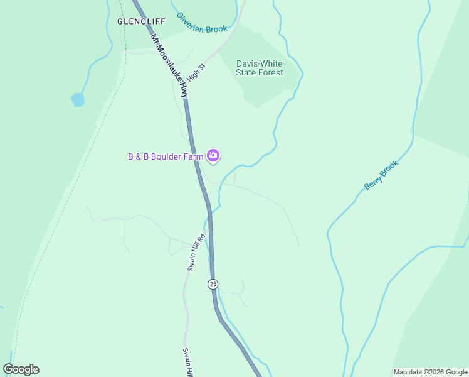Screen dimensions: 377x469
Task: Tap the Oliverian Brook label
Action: point(201,23)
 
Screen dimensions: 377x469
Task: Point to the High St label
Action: point(196,75)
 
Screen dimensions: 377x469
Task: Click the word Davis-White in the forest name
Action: point(259,63)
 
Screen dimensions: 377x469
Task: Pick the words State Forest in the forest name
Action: point(259,72)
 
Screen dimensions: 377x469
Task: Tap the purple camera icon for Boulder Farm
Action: point(213,155)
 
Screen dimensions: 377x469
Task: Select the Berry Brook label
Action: point(381,175)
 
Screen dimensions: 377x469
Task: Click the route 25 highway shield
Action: point(213,284)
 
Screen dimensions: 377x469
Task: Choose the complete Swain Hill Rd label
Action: point(196,253)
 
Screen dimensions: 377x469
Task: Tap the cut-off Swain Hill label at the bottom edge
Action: point(187,362)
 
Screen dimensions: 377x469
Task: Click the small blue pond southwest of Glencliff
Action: point(78,99)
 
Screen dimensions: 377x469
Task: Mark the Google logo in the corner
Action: point(21,369)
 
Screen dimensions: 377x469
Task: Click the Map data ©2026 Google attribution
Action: point(430,372)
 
